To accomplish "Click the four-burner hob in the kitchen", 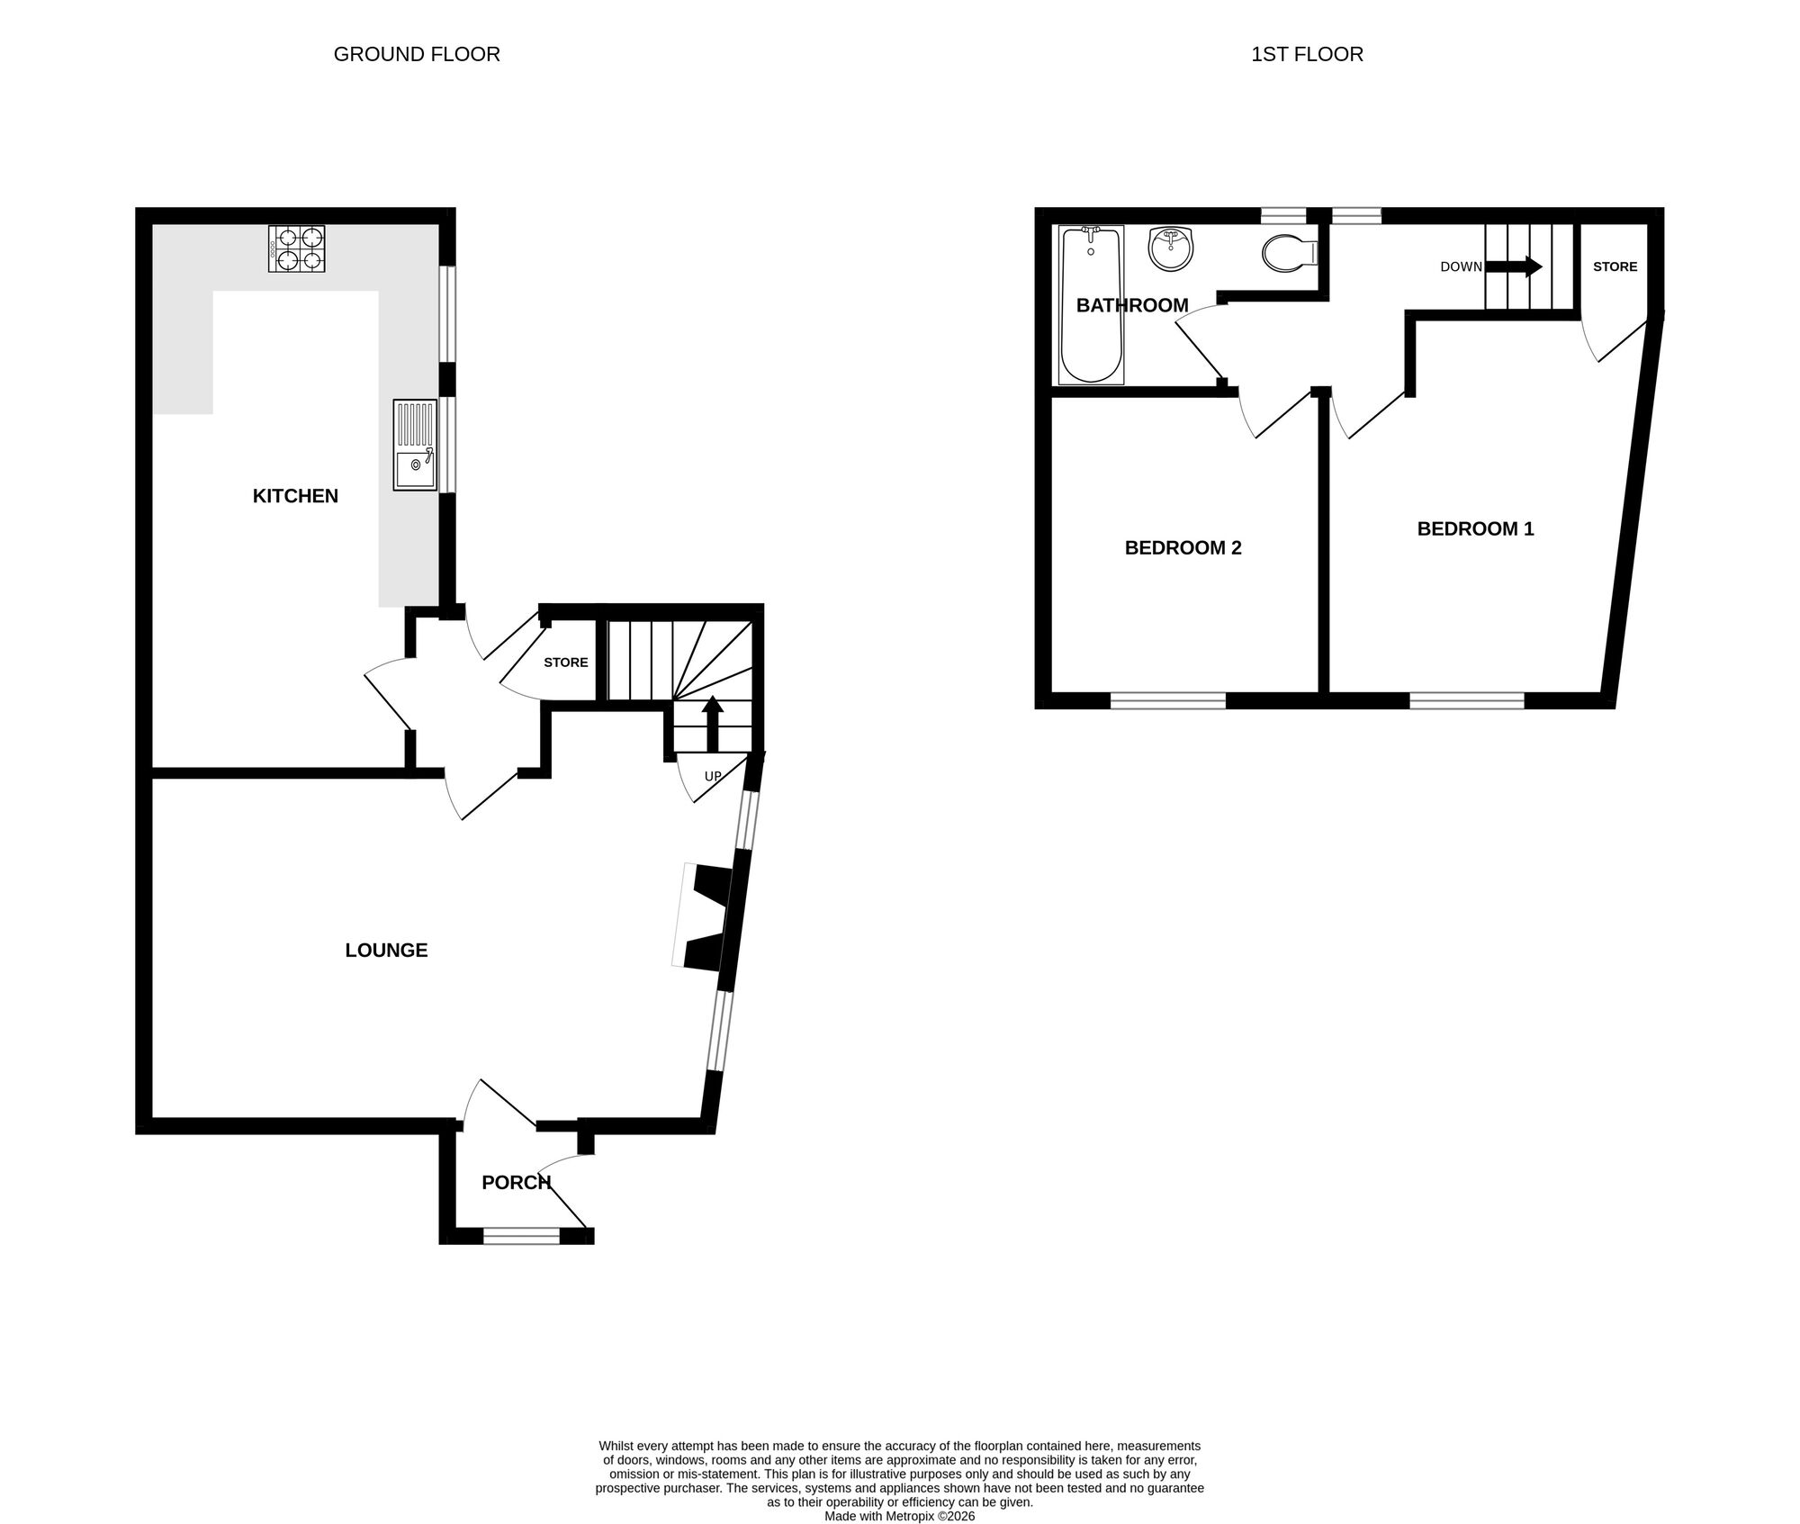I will pyautogui.click(x=296, y=248).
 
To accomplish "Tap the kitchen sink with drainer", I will pyautogui.click(x=414, y=446).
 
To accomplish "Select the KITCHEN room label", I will pyautogui.click(x=295, y=496).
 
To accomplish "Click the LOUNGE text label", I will pyautogui.click(x=386, y=951).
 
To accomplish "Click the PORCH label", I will pyautogui.click(x=516, y=1183).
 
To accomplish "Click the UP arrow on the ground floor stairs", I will pyautogui.click(x=712, y=721).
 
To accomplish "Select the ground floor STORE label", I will pyautogui.click(x=565, y=663).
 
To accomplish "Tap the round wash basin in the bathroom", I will pyautogui.click(x=1171, y=248).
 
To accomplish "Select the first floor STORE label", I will pyautogui.click(x=1615, y=266).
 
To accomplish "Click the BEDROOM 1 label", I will pyautogui.click(x=1475, y=529).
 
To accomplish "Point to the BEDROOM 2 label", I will pyautogui.click(x=1183, y=548).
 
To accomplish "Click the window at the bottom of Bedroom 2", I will pyautogui.click(x=1167, y=700).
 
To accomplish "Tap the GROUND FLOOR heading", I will pyautogui.click(x=417, y=54).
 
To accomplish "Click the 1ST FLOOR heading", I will pyautogui.click(x=1307, y=54).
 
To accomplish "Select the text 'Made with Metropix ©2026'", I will pyautogui.click(x=899, y=1516).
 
